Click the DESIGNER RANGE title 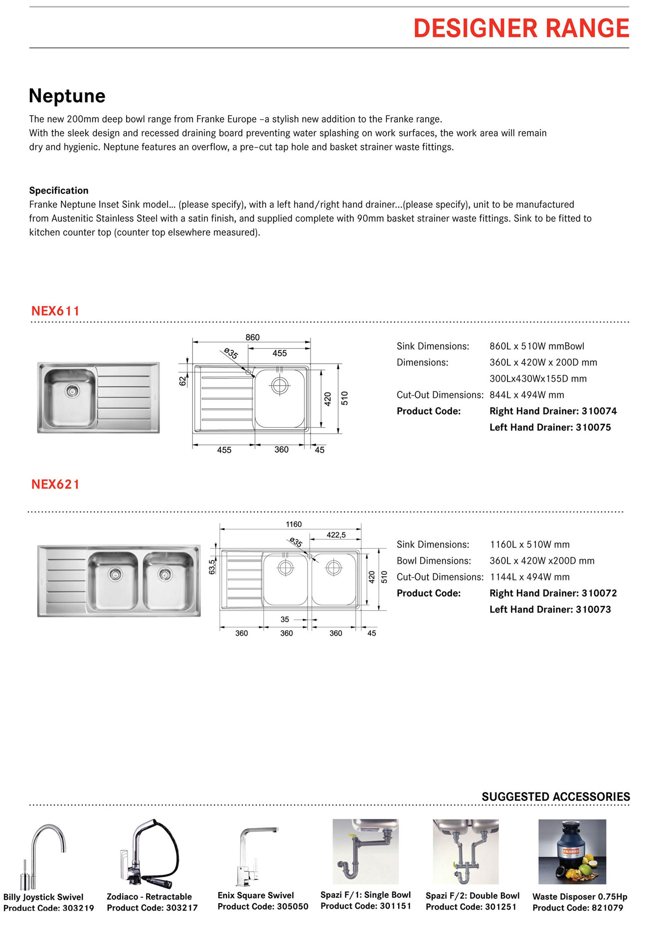point(521,28)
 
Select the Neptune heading point(67,96)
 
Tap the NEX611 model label point(55,311)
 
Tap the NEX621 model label point(55,484)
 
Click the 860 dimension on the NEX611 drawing point(252,337)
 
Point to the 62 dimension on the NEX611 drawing point(182,381)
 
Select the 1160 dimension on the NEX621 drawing point(294,524)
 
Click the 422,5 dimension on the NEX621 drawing point(336,535)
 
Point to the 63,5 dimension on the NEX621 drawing point(212,566)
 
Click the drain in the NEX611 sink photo point(72,391)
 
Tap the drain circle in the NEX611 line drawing point(280,385)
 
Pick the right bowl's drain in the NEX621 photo point(165,574)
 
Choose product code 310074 point(599,411)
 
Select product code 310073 point(593,609)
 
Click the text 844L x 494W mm point(527,395)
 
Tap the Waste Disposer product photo point(572,851)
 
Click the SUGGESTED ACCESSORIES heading point(556,797)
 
